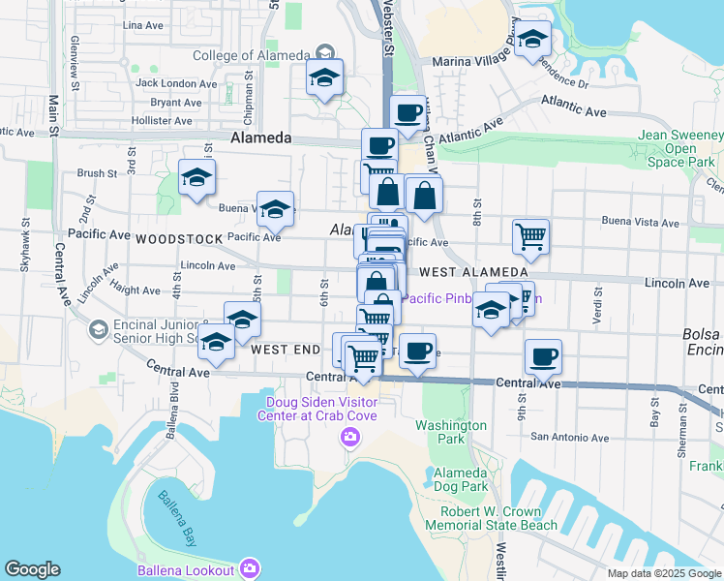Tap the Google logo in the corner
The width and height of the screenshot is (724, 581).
[x=32, y=569]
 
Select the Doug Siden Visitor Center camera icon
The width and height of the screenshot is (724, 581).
[x=349, y=439]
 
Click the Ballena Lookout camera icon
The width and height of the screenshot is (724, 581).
[x=250, y=567]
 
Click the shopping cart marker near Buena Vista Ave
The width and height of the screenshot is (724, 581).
[x=530, y=235]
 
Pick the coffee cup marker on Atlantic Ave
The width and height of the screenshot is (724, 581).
[x=407, y=110]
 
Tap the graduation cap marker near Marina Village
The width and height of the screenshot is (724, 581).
[x=531, y=39]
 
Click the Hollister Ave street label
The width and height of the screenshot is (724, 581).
[x=163, y=121]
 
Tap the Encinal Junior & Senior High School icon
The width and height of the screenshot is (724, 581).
[x=98, y=331]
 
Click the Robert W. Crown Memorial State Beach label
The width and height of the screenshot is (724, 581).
[x=498, y=518]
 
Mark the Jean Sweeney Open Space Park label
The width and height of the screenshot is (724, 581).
[x=681, y=149]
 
